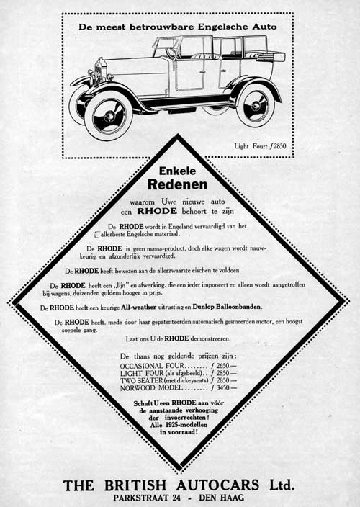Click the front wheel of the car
[108, 117]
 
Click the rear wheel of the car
[255, 104]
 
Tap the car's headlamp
[91, 75]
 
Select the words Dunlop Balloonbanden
[226, 307]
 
